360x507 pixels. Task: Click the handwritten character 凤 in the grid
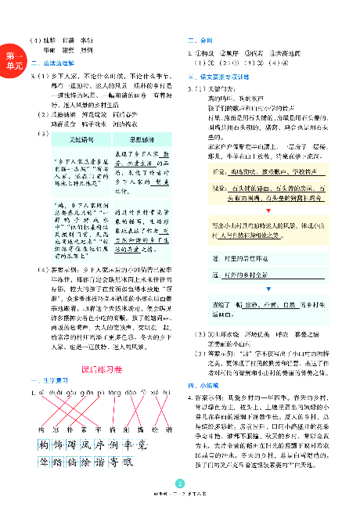click(81, 446)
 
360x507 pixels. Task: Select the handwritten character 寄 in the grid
click(112, 462)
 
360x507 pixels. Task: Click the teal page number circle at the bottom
click(181, 484)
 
